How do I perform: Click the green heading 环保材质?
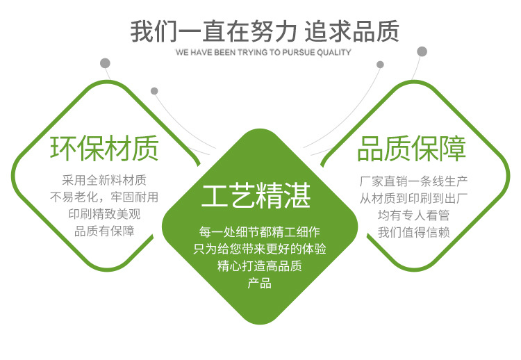point(104,148)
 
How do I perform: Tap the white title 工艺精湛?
point(256,195)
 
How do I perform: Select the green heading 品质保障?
point(412,149)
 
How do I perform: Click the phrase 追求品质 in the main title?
point(352,31)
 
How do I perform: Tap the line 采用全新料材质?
point(104,180)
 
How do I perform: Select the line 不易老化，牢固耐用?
point(104,197)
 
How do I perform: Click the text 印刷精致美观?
point(104,214)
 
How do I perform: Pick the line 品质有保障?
point(104,231)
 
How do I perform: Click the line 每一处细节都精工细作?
point(260,231)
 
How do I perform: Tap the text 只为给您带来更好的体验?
point(260,249)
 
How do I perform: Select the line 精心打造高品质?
point(260,266)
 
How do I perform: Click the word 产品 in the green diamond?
point(260,284)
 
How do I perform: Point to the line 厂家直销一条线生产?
point(414,181)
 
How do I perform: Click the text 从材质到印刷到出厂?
point(414,199)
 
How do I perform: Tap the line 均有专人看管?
point(414,215)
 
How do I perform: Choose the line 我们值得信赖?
point(414,232)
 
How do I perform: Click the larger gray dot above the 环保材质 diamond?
point(105,63)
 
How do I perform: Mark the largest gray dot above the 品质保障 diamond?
point(422,51)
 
